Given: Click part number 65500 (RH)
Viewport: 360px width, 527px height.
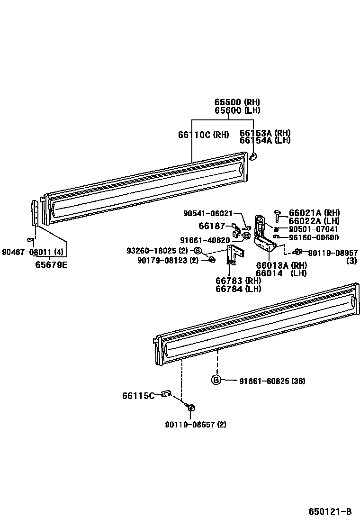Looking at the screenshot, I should click(x=237, y=102).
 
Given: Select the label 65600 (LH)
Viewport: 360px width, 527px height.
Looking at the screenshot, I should click(x=237, y=110).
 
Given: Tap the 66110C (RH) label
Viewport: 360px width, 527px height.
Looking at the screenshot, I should click(x=204, y=135).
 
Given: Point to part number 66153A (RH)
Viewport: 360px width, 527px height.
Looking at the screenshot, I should click(x=265, y=133).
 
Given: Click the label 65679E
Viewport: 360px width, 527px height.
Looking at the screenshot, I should click(x=51, y=264).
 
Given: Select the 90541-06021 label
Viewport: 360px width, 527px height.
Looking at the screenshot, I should click(x=208, y=214).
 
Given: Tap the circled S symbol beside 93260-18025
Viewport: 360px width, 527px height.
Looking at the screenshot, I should click(x=198, y=250).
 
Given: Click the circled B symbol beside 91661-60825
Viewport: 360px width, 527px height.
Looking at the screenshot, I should click(x=216, y=380).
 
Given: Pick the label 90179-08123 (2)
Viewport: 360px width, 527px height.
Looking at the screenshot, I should click(x=168, y=260).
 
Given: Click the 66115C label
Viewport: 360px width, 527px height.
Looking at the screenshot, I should click(x=138, y=395).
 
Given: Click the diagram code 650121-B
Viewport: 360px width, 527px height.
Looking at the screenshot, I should click(x=330, y=511).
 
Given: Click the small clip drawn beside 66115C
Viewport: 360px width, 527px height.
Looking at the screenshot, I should click(x=165, y=393).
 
